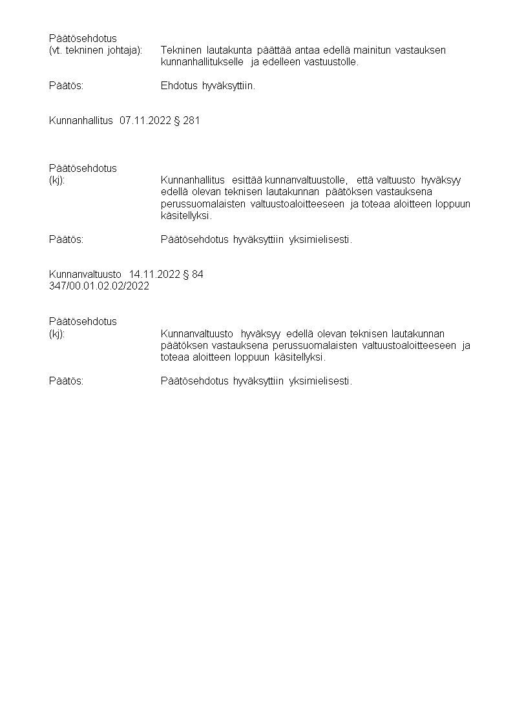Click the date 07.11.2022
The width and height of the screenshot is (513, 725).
(145, 120)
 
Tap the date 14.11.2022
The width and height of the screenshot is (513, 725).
(154, 274)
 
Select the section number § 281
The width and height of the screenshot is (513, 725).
(187, 120)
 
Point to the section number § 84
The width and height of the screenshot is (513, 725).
(193, 274)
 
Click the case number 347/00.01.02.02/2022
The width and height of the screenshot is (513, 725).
(99, 286)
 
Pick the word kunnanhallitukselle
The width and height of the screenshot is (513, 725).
(202, 62)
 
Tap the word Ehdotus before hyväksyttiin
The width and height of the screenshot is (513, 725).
(179, 86)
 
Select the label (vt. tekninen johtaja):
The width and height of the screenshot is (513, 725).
(96, 50)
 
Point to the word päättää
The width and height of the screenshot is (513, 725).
(274, 50)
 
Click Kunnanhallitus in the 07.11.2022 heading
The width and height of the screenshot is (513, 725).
(81, 120)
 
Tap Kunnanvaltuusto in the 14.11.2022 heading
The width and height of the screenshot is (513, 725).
(85, 274)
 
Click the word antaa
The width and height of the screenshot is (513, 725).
(307, 50)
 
